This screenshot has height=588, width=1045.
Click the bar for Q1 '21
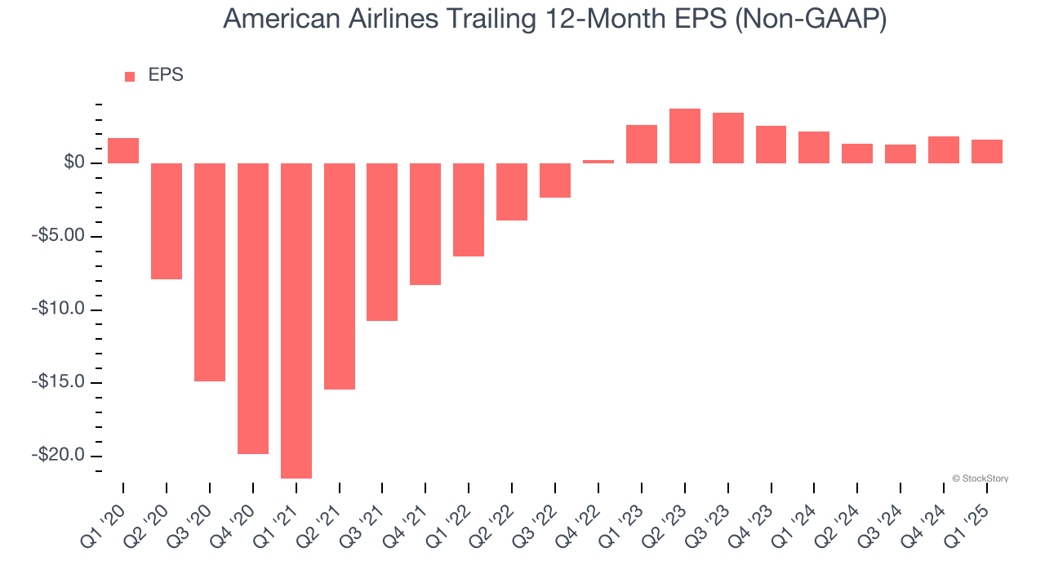point(296,320)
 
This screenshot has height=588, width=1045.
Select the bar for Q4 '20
point(253,308)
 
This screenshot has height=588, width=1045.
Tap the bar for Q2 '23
point(685,136)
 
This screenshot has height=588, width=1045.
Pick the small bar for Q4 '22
point(598,161)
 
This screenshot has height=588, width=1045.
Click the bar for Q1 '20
point(123,150)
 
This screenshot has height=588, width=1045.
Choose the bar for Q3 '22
point(555,180)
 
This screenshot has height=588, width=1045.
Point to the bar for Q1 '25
point(987,151)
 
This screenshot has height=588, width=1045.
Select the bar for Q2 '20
point(167,220)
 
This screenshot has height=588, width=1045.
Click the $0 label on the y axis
point(75,163)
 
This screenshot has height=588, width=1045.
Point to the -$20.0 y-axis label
point(61,456)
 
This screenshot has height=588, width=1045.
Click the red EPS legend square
point(130,76)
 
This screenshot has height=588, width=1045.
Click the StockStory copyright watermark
point(980,479)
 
